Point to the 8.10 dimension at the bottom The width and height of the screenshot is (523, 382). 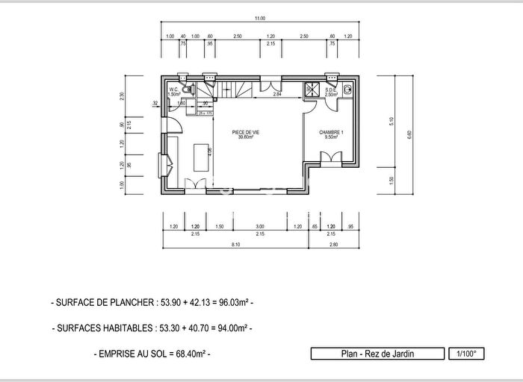coord(235,245)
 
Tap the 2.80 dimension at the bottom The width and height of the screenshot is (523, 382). coord(333,245)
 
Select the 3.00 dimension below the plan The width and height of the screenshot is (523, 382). coord(259,226)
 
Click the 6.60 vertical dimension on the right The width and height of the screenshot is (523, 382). coord(409,134)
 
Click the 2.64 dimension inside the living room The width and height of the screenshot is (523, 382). coord(276,95)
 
